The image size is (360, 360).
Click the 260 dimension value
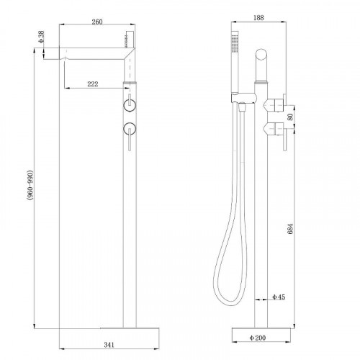point(97,22)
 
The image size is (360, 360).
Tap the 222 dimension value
point(93,84)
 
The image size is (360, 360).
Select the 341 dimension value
point(109,345)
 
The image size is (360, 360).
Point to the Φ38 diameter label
point(42,37)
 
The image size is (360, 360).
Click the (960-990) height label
point(30,185)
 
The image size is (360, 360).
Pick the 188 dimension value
point(258,17)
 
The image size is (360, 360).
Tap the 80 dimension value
point(290,117)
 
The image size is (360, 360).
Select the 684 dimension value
point(290,229)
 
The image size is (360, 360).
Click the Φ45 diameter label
point(279,297)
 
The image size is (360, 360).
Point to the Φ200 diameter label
point(258,338)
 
